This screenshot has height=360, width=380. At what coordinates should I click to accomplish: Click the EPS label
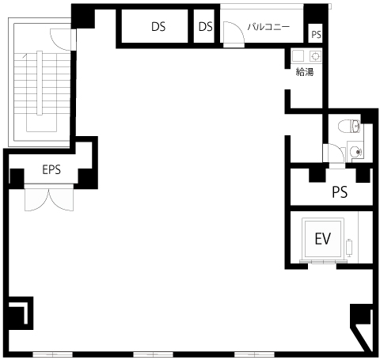(51, 169)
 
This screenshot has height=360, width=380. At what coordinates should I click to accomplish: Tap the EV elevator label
(323, 239)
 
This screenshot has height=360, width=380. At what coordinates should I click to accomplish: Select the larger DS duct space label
(158, 26)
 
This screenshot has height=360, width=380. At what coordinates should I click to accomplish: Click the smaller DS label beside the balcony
(205, 26)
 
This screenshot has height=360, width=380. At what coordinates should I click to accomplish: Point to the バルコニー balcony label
(268, 27)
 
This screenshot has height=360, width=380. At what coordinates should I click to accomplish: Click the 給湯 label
(305, 72)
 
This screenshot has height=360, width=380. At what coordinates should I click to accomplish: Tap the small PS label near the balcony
(317, 35)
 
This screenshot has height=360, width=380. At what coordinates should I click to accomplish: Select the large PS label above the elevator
(340, 192)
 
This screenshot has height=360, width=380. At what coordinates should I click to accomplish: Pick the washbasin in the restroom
(355, 152)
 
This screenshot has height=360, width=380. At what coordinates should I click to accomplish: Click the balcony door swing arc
(234, 32)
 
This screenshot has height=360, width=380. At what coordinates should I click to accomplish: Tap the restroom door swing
(335, 153)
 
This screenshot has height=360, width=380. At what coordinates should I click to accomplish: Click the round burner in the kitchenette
(315, 56)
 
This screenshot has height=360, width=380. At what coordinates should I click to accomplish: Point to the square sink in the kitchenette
(298, 56)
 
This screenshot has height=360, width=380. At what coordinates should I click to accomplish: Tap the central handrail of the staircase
(40, 83)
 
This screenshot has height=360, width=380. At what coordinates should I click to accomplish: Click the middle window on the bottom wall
(153, 354)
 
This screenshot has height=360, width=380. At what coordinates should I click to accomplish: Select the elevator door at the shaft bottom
(323, 262)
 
